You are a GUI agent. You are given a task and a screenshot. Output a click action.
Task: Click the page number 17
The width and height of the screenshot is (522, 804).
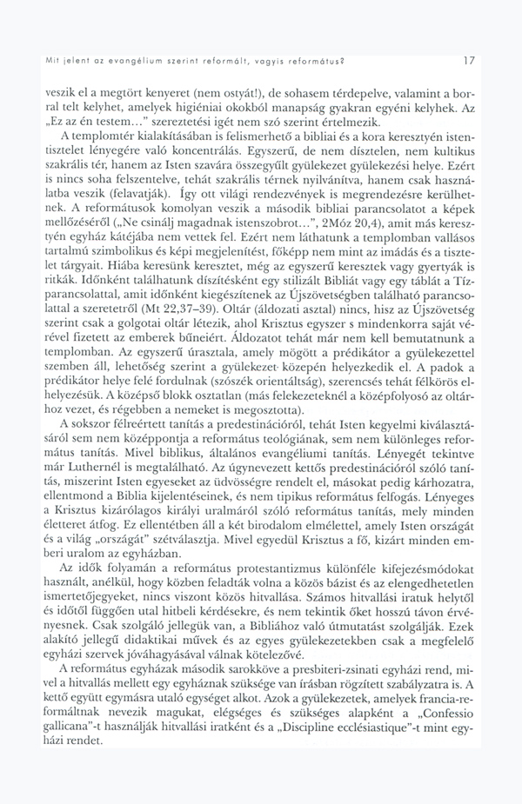(x=469, y=61)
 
